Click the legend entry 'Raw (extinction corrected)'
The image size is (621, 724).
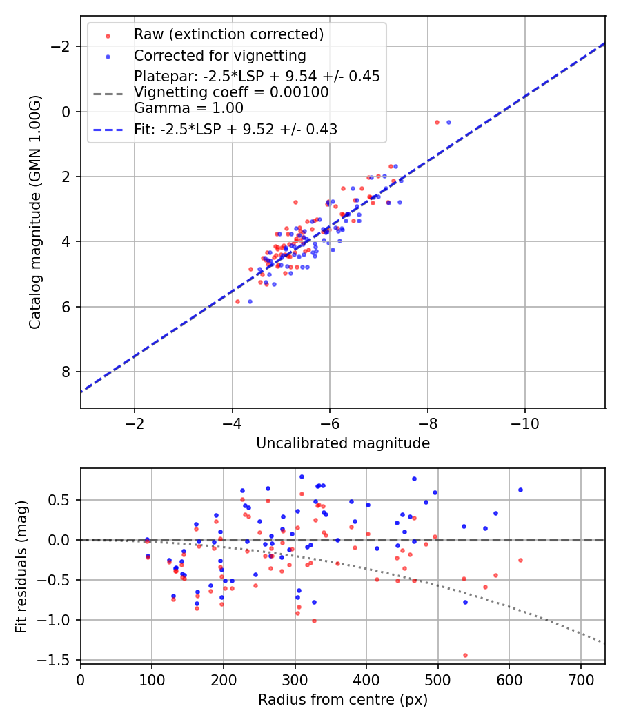(x=228, y=34)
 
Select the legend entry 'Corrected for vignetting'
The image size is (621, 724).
(x=219, y=55)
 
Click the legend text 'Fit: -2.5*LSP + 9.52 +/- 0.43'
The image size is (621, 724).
(x=235, y=129)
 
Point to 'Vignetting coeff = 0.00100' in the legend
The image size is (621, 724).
(x=231, y=92)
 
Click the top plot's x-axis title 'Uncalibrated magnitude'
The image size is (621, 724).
(x=343, y=443)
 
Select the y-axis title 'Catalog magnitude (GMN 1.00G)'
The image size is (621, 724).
(x=35, y=212)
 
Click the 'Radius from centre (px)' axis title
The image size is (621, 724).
(x=343, y=700)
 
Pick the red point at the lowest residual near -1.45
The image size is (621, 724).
(x=465, y=655)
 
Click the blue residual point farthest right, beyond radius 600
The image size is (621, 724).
(x=520, y=490)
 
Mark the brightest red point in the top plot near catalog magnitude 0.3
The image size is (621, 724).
(x=437, y=122)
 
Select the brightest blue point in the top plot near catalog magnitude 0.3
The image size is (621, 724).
(x=448, y=122)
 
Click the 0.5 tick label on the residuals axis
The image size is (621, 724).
(x=63, y=500)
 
